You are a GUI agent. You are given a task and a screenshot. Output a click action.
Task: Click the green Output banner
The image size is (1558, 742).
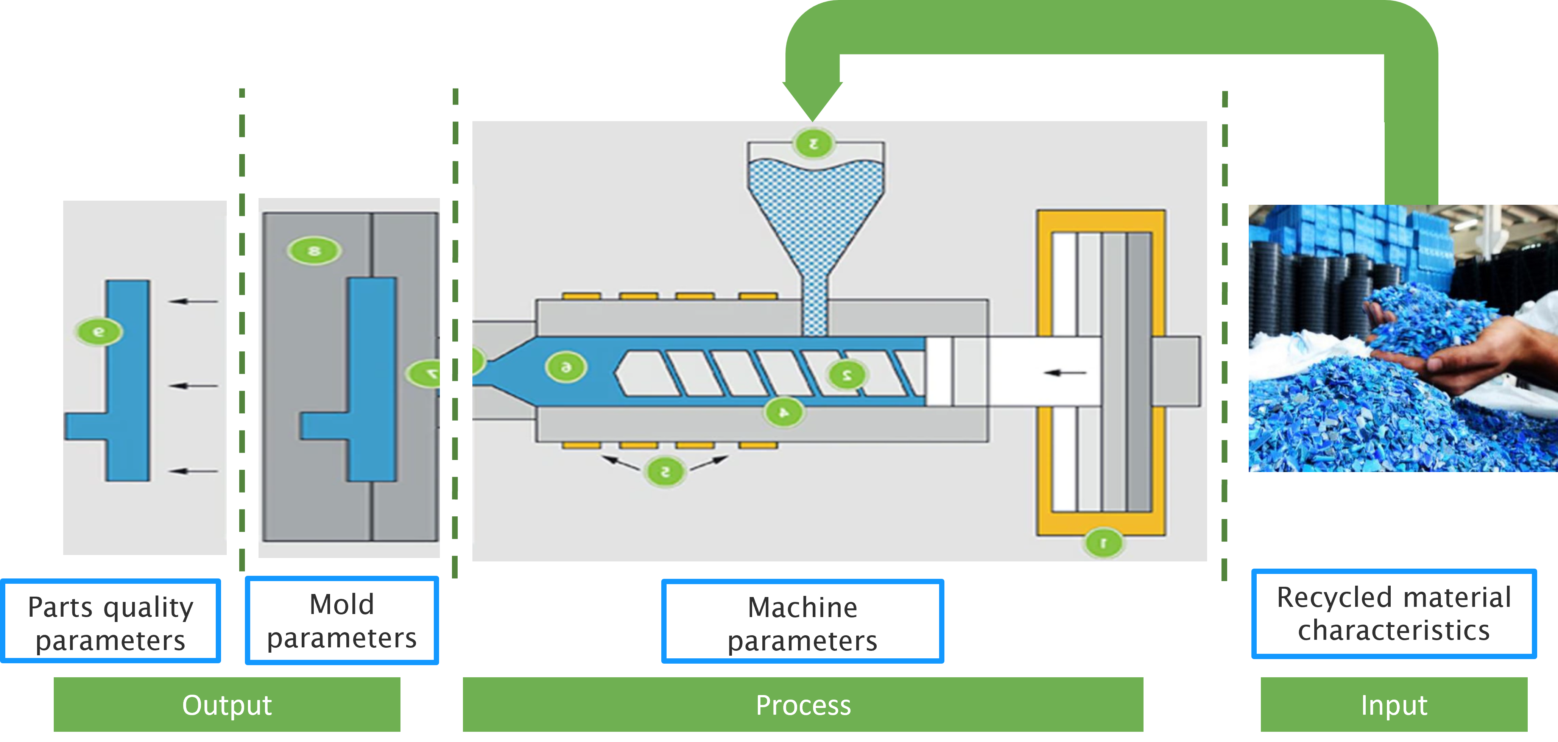tap(227, 705)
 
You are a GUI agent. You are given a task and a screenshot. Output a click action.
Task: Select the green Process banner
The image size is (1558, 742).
tap(802, 705)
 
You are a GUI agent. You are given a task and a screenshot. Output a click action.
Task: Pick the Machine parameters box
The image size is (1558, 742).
tap(802, 622)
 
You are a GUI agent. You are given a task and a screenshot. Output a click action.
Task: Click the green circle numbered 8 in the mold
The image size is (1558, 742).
tap(314, 250)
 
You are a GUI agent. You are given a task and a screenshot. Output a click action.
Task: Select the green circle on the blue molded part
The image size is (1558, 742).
tap(98, 331)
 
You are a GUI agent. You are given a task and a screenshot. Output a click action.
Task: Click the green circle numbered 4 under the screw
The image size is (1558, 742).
tap(784, 412)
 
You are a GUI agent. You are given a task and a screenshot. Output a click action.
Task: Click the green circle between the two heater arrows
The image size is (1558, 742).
tap(665, 471)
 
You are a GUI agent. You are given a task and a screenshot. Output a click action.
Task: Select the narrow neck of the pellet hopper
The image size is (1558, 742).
tap(815, 302)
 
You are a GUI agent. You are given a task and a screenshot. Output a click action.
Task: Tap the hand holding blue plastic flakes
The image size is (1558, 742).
tap(1476, 351)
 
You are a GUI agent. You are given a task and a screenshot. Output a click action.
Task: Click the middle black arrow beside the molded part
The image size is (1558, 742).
tap(193, 385)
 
